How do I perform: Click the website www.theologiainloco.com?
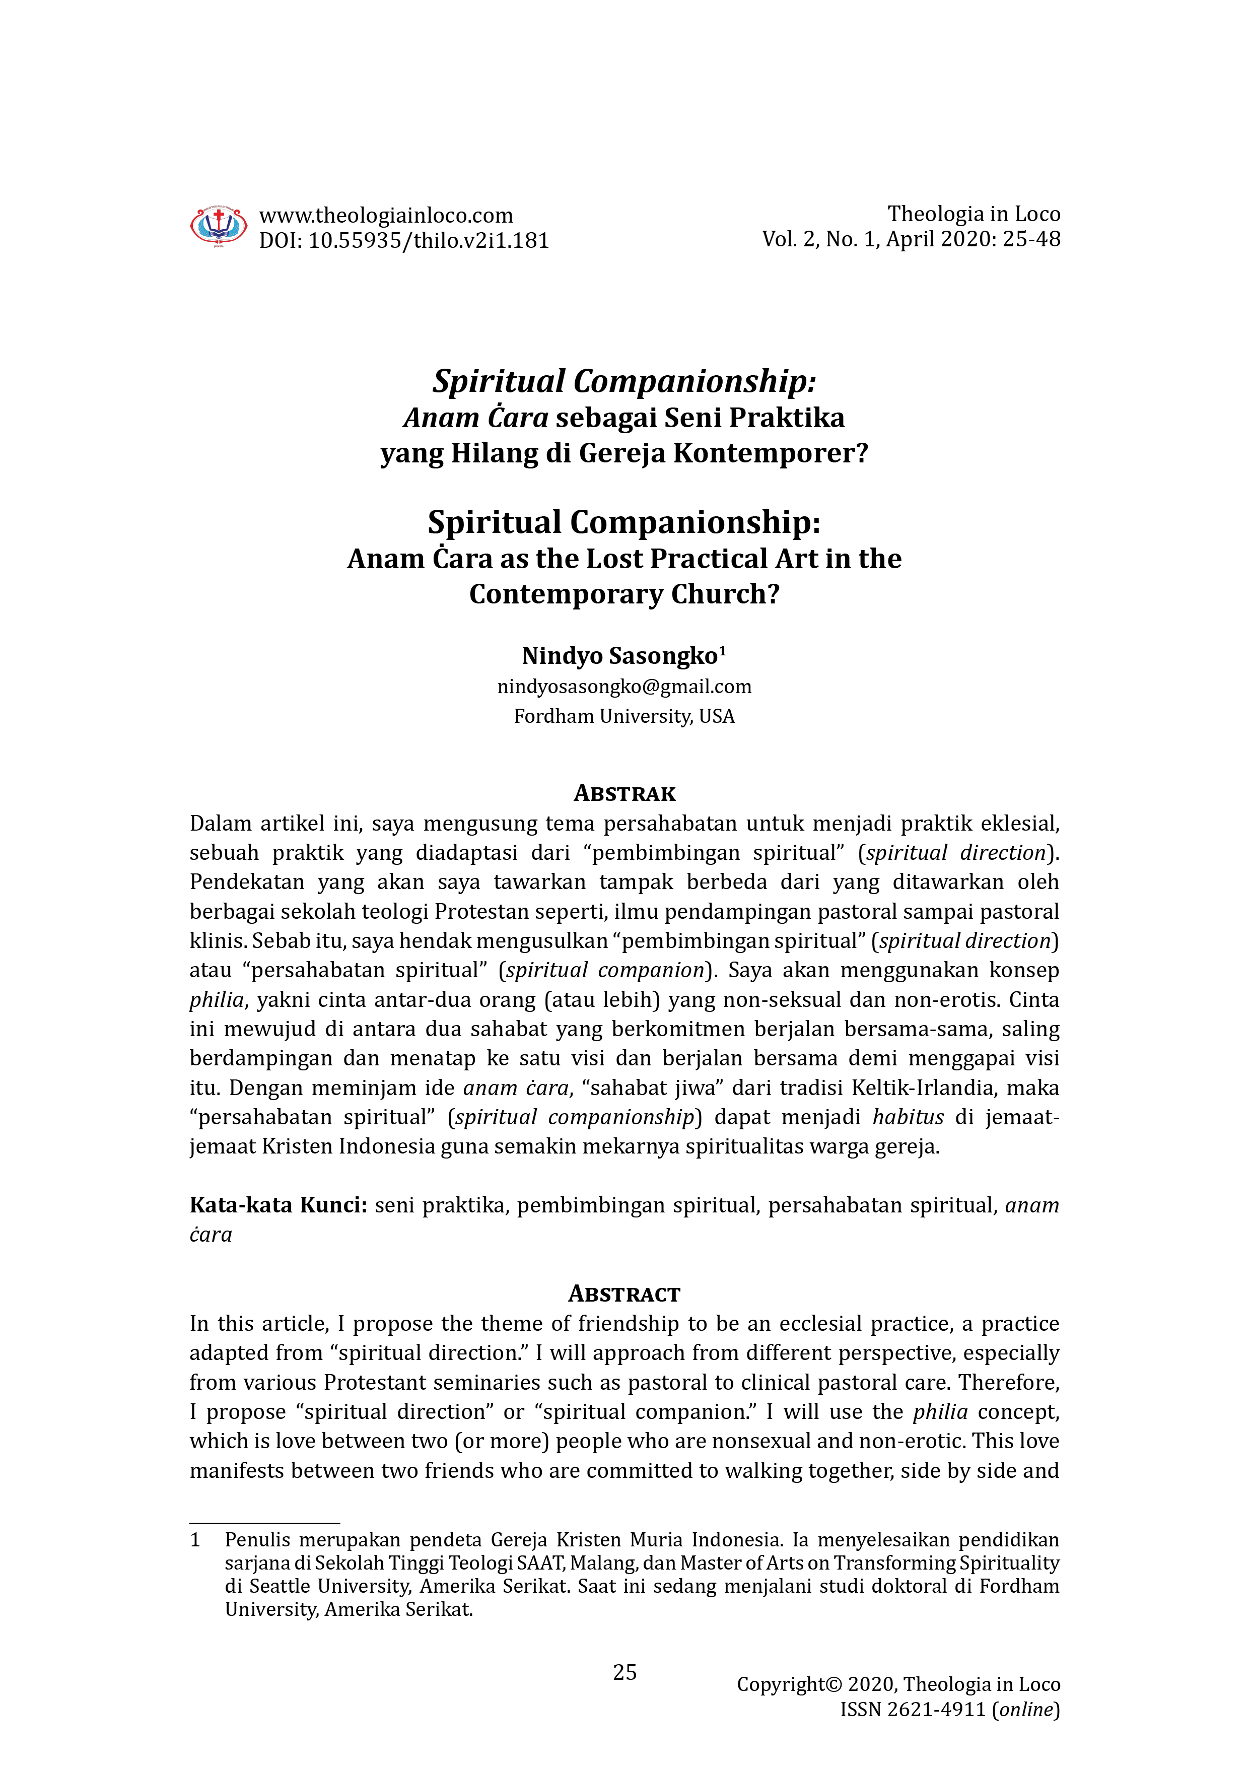coord(386,216)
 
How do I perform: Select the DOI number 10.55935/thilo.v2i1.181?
coord(429,241)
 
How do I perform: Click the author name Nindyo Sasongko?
coord(619,656)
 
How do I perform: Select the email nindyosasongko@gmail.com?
coord(624,687)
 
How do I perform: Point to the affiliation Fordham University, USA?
coord(624,716)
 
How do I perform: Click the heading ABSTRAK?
coord(624,793)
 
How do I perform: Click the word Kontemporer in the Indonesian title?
coord(771,453)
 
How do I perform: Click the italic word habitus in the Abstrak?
coord(908,1117)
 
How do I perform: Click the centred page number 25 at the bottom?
coord(624,1672)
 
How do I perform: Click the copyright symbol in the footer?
coord(834,1685)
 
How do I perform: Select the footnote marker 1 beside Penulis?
coord(195,1540)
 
